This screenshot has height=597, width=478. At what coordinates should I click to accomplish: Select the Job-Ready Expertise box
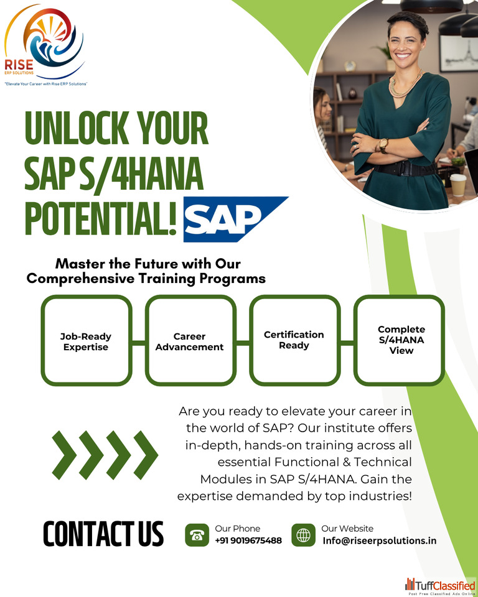point(87,340)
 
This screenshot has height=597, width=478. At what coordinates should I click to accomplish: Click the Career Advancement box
point(190,340)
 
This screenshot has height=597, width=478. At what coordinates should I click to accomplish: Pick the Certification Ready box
point(294,340)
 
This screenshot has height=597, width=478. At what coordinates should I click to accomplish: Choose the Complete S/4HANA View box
point(399,340)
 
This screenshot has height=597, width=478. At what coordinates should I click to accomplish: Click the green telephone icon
point(197,535)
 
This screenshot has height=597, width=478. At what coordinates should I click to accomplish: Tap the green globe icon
point(304,535)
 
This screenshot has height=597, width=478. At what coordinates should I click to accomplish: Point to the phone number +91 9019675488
point(248,540)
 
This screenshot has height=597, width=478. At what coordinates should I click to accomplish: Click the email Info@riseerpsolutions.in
point(380,540)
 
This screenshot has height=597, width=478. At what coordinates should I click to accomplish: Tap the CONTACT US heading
point(103,534)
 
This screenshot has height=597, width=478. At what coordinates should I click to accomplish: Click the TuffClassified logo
point(440,586)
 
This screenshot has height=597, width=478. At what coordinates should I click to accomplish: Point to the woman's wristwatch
point(383,145)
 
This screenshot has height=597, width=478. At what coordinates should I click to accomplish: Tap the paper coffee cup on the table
point(458,185)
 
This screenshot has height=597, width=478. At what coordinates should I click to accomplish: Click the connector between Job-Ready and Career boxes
point(139,343)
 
